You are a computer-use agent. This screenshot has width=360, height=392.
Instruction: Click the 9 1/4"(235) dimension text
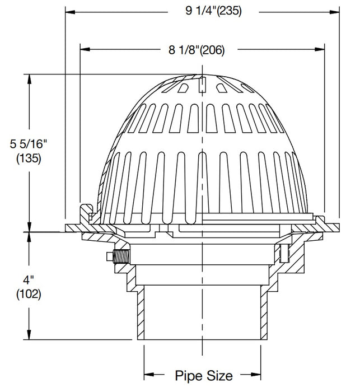[x=205, y=11]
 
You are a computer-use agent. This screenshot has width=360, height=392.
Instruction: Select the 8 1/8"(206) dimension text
[x=197, y=50]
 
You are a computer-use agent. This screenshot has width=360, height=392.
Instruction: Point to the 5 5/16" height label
[x=28, y=144]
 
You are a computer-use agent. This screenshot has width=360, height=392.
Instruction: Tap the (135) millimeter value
[x=28, y=158]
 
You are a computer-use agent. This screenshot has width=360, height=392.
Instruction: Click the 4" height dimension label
[x=28, y=278]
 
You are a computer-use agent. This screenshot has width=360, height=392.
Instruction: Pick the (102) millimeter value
[x=28, y=292]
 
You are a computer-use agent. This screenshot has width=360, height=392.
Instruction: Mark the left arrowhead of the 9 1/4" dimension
[x=71, y=11]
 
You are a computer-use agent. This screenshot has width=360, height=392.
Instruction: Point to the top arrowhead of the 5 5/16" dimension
[x=27, y=78]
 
